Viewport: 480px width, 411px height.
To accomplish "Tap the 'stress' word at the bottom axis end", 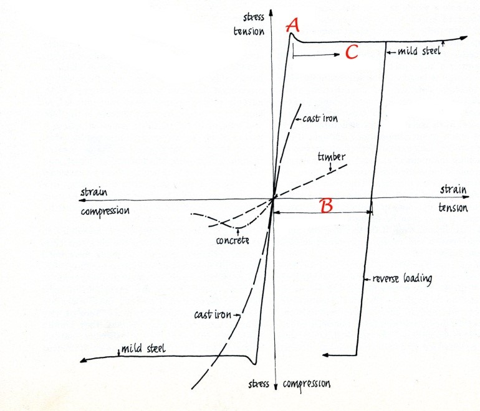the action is coord(257,384).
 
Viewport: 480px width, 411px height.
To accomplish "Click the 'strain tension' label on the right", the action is coord(453,200).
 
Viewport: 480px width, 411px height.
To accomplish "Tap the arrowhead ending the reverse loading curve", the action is coord(325,355).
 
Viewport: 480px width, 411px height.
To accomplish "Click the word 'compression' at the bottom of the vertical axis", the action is coord(305,384).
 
